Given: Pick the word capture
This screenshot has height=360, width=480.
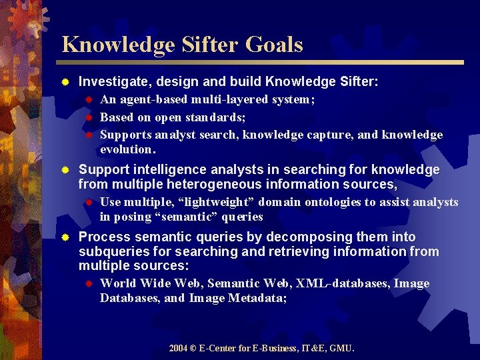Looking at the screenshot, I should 331,135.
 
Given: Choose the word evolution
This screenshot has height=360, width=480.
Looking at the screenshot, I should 127,149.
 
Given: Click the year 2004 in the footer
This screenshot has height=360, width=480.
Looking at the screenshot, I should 178,348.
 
